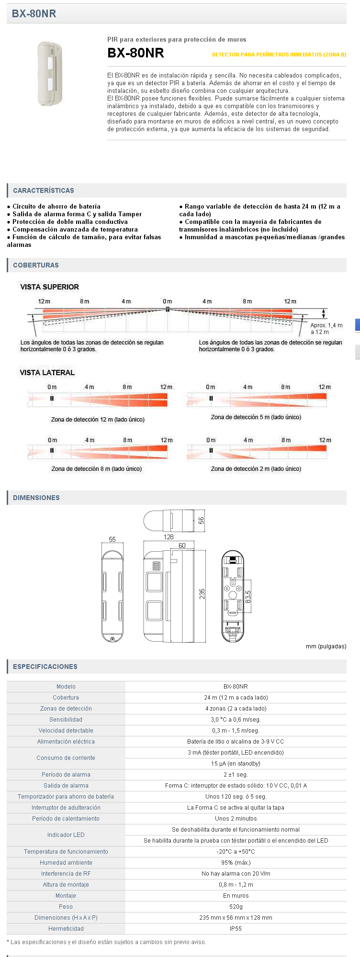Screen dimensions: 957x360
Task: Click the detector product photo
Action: pos(50,73)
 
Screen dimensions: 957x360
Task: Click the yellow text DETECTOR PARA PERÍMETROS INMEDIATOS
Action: pos(279,55)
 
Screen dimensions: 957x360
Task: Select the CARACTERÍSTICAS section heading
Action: pos(44,190)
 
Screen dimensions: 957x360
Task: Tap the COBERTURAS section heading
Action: pos(36,265)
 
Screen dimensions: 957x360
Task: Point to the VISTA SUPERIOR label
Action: pos(49,287)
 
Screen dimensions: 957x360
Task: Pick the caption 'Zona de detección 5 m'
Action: pos(256,417)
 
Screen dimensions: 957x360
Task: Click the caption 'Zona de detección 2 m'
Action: pos(256,469)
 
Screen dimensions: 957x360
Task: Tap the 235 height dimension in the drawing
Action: pos(202,594)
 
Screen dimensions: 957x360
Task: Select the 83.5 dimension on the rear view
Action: pos(248,596)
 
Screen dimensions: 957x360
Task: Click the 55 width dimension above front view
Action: pos(112,539)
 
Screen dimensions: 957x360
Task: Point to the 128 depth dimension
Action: pos(169,537)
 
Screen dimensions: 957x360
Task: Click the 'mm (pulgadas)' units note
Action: pos(326,646)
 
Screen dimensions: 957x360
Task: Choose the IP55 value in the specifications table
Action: pos(236,929)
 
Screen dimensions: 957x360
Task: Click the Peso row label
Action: pos(66,907)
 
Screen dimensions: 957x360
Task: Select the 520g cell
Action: pos(236,907)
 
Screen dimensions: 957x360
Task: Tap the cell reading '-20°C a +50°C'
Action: pos(236,852)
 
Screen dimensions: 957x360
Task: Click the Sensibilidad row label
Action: pos(66,720)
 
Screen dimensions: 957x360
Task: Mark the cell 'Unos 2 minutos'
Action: pos(236,819)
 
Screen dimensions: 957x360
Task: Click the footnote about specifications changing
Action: pos(106,942)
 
